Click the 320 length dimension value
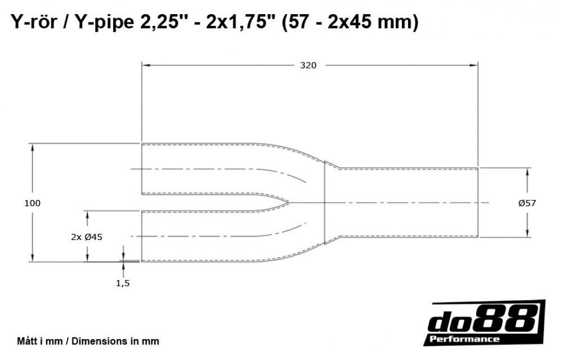click(308, 65)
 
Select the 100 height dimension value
click(33, 203)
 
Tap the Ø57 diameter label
click(526, 203)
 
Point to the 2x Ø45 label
click(87, 237)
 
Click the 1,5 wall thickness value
click(123, 283)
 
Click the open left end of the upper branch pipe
click(141, 169)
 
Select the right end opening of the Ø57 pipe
click(478, 202)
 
